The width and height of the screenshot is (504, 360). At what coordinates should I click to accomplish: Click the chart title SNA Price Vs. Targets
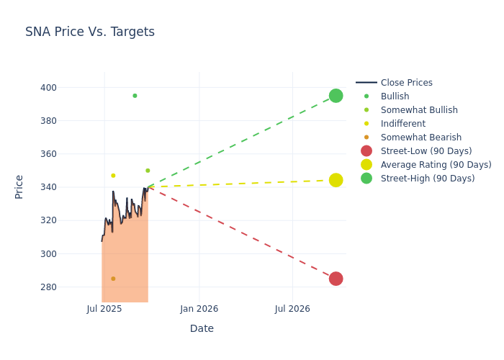(x=90, y=32)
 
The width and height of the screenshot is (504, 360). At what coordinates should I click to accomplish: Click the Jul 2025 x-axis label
(x=104, y=309)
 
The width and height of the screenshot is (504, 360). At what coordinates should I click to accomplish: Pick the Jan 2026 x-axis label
(x=199, y=309)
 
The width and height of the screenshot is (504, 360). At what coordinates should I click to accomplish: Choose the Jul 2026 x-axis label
(x=292, y=309)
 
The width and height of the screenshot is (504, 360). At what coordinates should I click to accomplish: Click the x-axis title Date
(x=202, y=328)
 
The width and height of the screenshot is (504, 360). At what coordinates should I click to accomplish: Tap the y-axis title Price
(x=19, y=186)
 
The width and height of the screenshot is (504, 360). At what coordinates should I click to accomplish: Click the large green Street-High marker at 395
(x=336, y=96)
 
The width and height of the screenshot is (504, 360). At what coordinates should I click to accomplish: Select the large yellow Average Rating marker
(x=336, y=180)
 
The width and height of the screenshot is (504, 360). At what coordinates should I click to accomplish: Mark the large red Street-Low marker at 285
(x=336, y=279)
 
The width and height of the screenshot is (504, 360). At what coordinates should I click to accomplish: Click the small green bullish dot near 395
(x=135, y=96)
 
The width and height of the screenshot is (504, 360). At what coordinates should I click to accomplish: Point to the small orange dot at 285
(x=113, y=279)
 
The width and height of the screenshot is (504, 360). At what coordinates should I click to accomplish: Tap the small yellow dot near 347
(x=113, y=176)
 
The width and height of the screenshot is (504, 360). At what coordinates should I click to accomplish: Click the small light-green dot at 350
(x=148, y=171)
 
